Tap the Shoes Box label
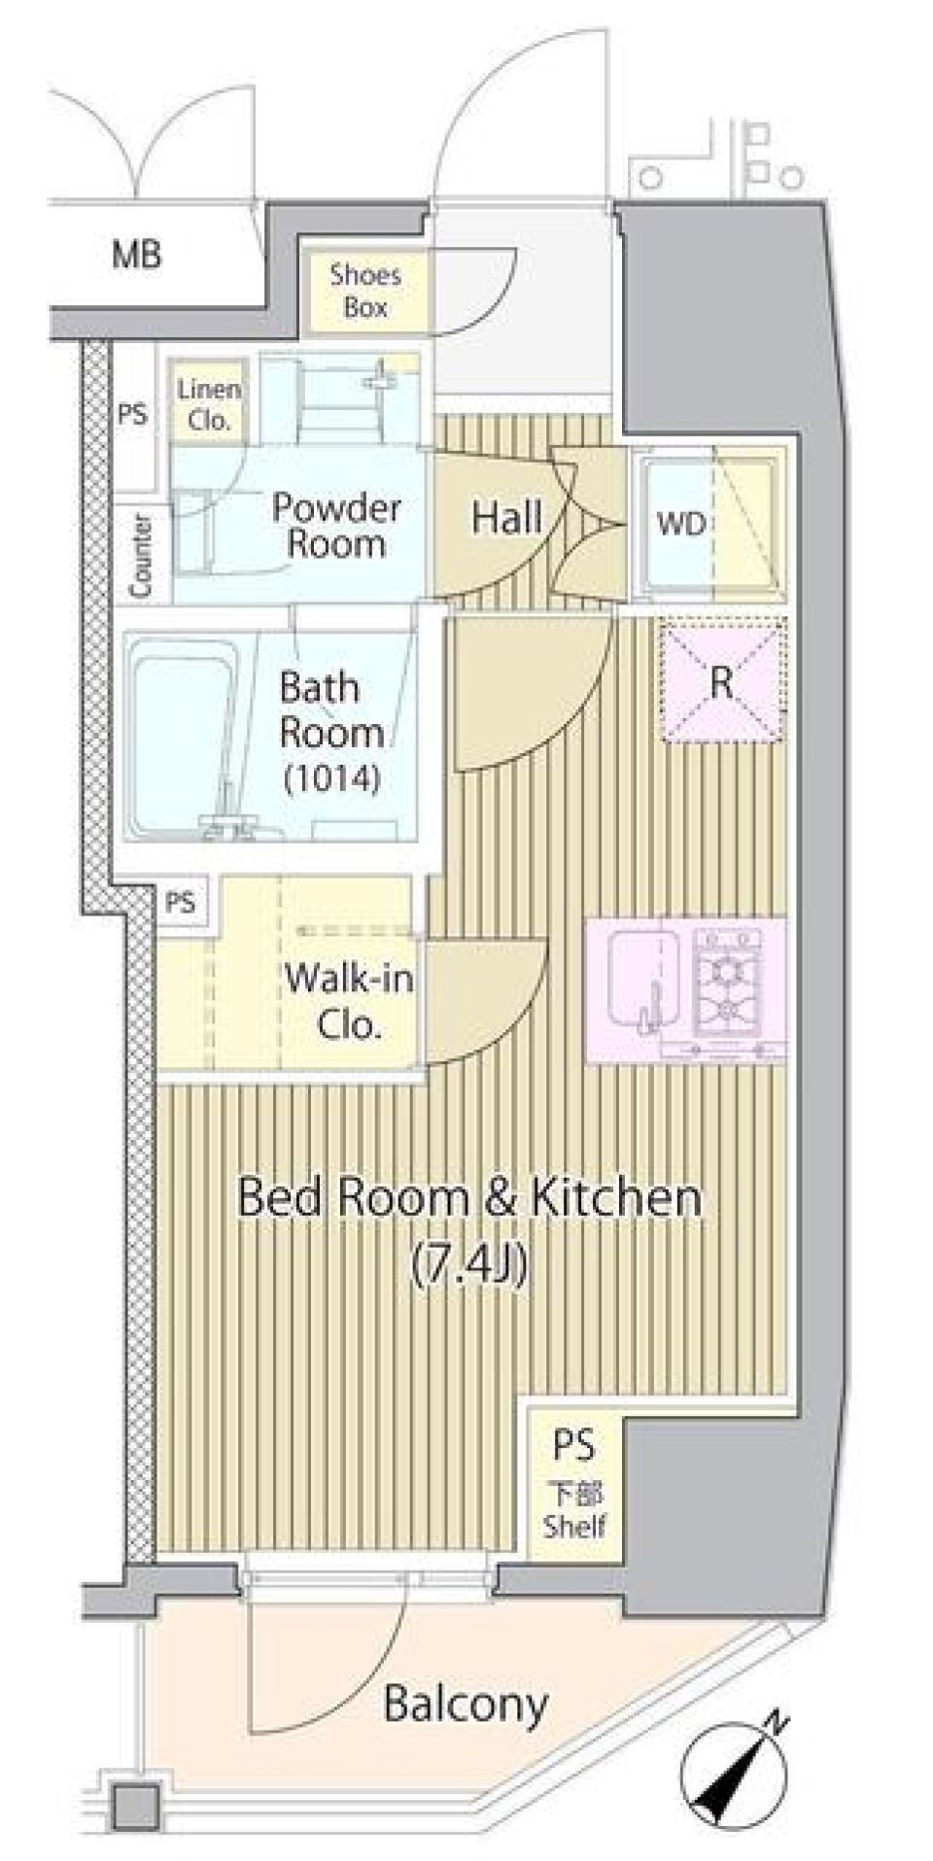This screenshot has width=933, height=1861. (365, 291)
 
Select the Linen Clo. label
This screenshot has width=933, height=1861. (209, 404)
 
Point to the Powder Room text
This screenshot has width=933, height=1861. (336, 525)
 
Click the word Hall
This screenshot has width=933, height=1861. (506, 518)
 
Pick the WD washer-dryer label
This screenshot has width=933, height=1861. (681, 525)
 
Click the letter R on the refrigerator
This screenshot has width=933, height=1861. (720, 682)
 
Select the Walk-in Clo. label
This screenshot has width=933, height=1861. (349, 1002)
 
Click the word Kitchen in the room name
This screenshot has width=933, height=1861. (615, 1196)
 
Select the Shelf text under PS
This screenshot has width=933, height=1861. (574, 1526)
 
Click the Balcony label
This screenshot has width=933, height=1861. (466, 1704)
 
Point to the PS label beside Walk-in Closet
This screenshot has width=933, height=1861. (180, 903)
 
